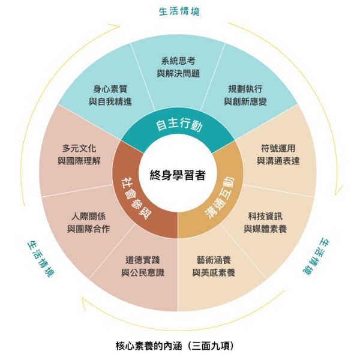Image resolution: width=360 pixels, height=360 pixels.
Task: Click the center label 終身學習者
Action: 178,175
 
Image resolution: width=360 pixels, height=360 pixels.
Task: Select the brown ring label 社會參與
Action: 131,193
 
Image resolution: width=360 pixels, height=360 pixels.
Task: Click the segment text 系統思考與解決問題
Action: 178,67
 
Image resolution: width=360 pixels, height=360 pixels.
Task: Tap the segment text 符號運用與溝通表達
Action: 278,154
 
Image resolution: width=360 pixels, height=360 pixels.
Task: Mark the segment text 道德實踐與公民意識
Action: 142,266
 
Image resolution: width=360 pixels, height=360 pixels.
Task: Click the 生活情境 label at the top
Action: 179,11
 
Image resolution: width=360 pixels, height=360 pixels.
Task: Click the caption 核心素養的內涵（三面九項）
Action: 174,346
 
